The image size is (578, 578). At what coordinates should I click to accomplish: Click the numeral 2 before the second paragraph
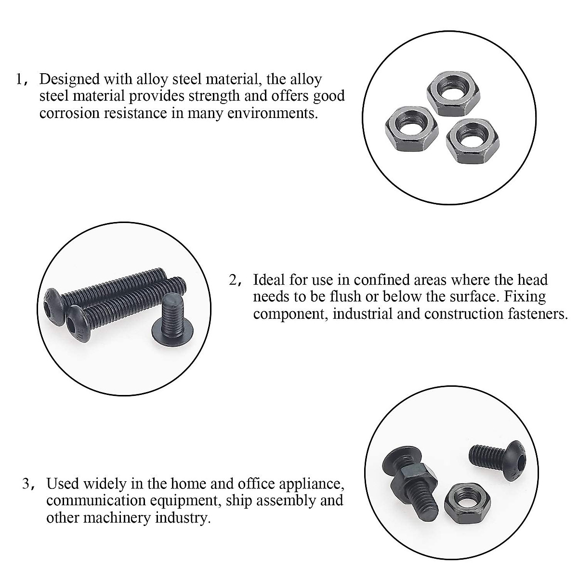pyautogui.click(x=233, y=280)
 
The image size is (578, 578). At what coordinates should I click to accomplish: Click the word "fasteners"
pyautogui.click(x=531, y=314)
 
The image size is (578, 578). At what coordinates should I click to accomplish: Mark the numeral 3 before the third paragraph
pyautogui.click(x=27, y=483)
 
